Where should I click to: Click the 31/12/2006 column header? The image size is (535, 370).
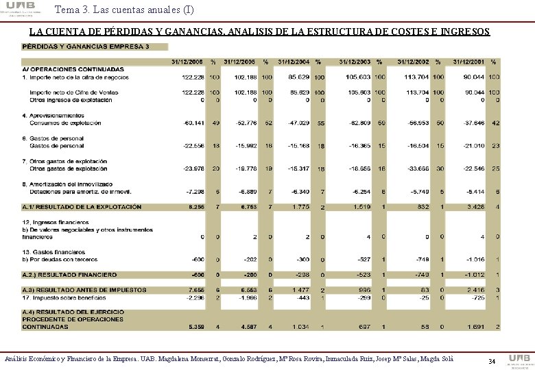pos(187,62)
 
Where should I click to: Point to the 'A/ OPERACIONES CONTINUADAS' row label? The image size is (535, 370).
pos(68,69)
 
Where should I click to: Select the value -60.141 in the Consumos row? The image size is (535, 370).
pos(193,123)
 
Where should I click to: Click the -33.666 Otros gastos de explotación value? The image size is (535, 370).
pos(418,168)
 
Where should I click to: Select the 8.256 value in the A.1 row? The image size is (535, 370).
pos(195,206)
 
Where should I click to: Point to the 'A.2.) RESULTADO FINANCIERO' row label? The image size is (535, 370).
pos(69,274)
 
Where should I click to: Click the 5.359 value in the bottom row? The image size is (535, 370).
pos(195,326)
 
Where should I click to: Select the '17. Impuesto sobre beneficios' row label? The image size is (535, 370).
pos(67,297)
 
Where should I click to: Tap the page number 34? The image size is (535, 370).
pos(491,361)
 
